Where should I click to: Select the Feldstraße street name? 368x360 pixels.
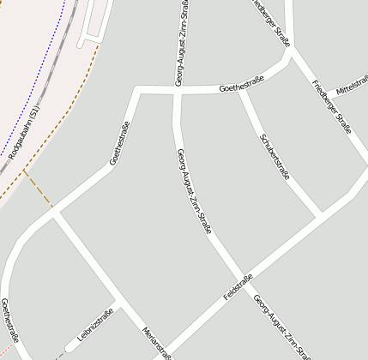point(238,286)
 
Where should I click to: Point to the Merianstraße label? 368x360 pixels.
point(157,341)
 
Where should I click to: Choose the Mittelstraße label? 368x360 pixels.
point(353,87)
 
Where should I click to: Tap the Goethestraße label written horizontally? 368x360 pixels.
point(241,84)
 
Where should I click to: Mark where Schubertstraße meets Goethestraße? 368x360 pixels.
point(243,89)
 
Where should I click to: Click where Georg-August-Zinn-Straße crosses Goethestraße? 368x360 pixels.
point(178,90)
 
